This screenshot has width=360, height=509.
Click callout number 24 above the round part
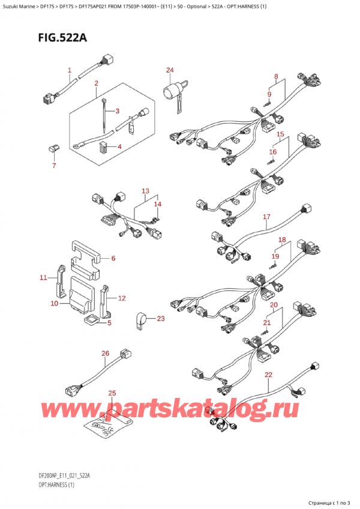pos(170,70)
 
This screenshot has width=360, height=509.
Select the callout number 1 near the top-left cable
pos(69,71)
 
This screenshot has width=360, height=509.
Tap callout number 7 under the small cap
pos(53,165)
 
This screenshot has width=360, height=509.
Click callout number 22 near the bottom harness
pos(268,375)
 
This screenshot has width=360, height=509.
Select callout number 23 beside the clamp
pos(160,318)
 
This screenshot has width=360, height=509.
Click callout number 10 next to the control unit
pos(54,304)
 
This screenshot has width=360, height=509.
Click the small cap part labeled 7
pos(52,148)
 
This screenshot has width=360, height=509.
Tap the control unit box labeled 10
pos(81,292)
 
